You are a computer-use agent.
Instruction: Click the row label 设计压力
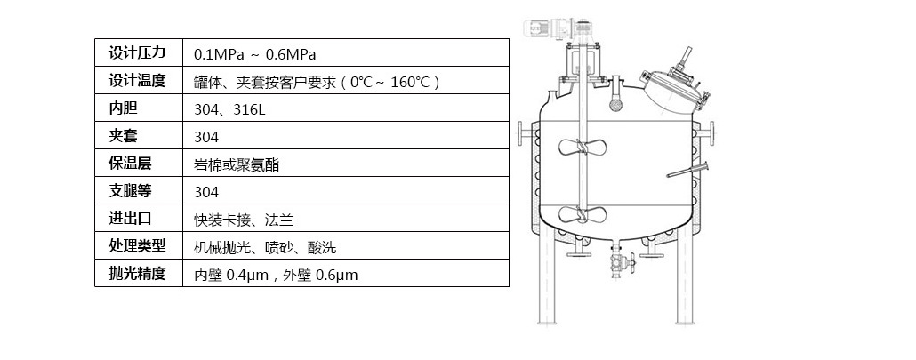point(137,52)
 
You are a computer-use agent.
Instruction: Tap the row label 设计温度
point(137,81)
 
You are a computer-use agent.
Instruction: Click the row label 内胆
point(124,108)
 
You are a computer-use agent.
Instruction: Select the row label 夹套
point(124,136)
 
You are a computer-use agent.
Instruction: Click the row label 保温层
point(130,164)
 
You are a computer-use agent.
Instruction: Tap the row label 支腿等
point(130,191)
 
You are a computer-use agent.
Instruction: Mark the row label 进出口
point(130,219)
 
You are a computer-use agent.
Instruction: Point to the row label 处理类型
point(137,246)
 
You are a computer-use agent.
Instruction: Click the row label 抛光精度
point(137,274)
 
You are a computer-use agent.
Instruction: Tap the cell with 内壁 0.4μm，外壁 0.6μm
point(276,275)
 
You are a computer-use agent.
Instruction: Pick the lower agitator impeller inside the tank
point(582,214)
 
